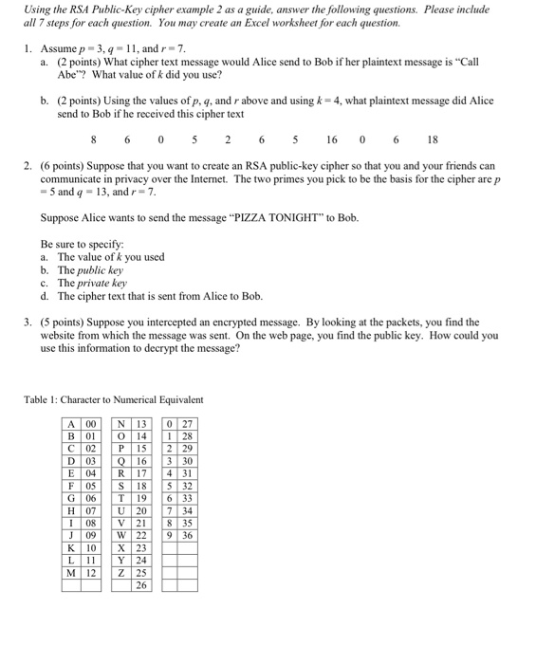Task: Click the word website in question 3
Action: click(63, 336)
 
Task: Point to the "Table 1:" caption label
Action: click(44, 399)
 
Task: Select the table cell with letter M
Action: click(72, 573)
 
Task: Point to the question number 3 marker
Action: click(28, 323)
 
